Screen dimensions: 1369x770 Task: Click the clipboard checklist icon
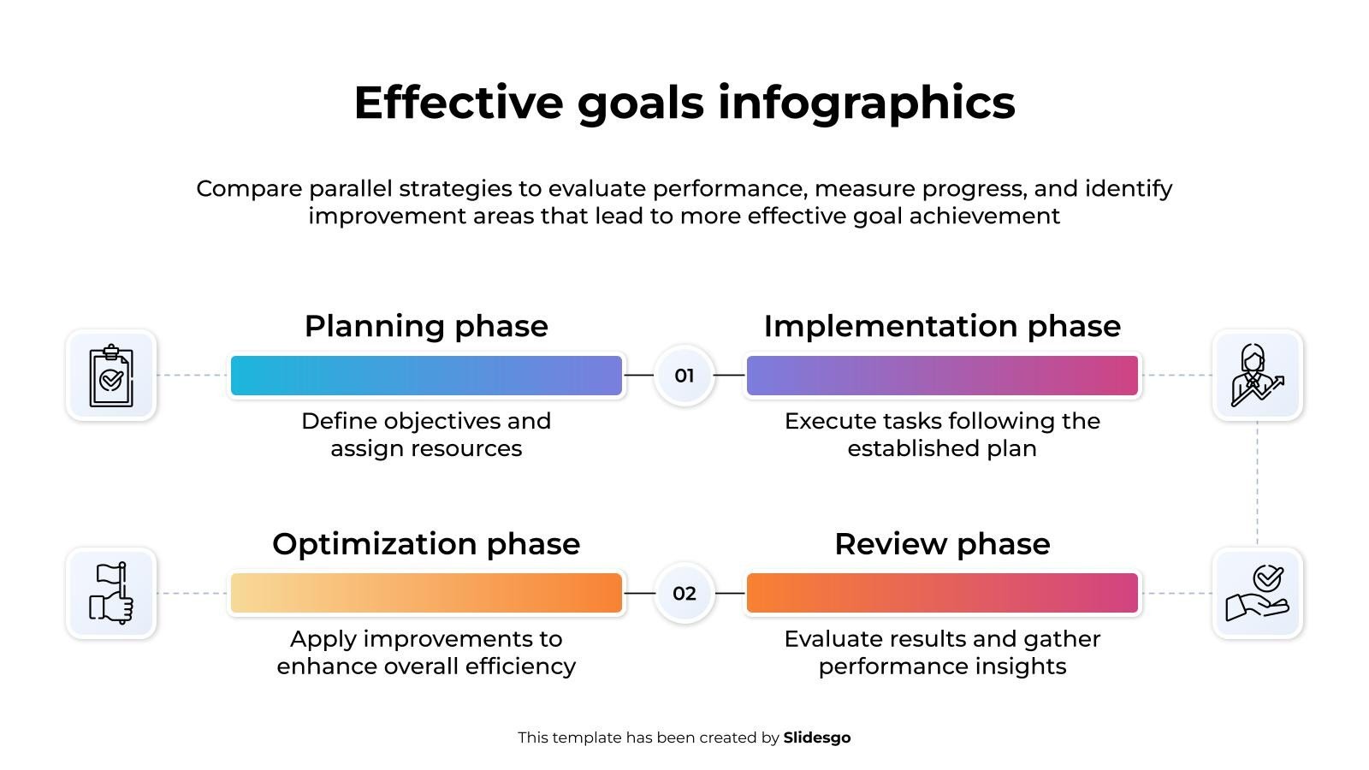(110, 376)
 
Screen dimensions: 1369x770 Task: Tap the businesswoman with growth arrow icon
(1257, 376)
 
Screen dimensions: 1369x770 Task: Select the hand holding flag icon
(110, 593)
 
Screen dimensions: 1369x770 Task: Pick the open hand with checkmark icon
(1257, 593)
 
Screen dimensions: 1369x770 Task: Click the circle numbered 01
(684, 376)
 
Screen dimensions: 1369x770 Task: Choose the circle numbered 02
(684, 593)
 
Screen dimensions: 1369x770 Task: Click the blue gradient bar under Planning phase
(426, 376)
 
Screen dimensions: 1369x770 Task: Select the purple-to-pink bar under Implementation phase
(942, 376)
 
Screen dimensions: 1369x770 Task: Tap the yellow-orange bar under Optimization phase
(426, 593)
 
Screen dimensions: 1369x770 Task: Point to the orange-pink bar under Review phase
(942, 593)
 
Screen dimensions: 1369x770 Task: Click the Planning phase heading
(426, 326)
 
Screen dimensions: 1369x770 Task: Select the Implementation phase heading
(942, 326)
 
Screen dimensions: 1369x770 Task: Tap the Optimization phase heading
(426, 544)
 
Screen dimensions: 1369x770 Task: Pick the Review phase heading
(942, 544)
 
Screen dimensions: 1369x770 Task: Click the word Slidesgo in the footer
(816, 738)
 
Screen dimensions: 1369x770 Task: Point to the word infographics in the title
(866, 104)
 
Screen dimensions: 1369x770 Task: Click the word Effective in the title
(459, 102)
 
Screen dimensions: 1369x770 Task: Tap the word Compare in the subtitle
(249, 189)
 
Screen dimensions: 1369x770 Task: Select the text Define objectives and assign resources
(426, 435)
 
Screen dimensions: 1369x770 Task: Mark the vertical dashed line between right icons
(1257, 483)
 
